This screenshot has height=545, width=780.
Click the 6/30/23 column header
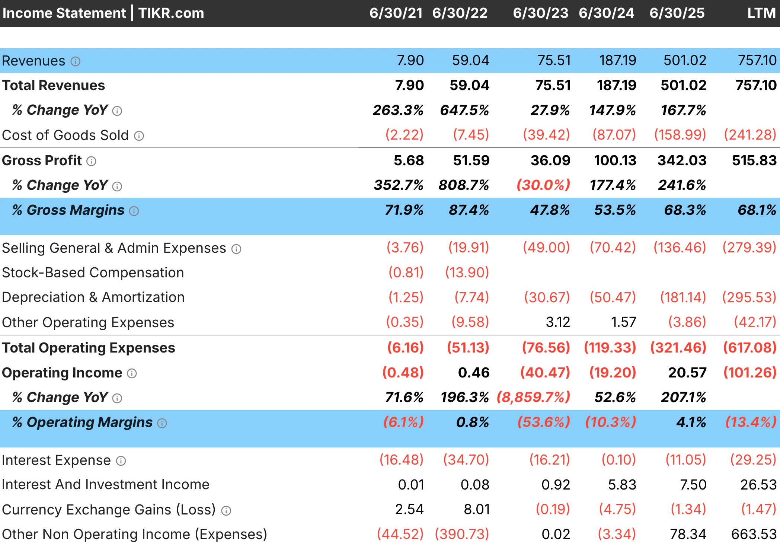point(540,13)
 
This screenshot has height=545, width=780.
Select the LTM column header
point(761,13)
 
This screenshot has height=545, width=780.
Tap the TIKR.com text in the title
point(171,13)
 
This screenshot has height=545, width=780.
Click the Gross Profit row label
point(42,160)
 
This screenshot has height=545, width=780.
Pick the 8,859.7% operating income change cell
point(533,397)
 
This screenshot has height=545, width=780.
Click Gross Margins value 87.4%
point(469,210)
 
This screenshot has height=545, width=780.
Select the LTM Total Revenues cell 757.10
point(756,85)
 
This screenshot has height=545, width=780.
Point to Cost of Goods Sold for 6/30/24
point(614,135)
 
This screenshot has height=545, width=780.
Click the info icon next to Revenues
point(76,61)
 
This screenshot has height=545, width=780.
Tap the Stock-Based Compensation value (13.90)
point(467,272)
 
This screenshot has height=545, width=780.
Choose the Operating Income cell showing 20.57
point(687,373)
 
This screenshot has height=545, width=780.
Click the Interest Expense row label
point(56,460)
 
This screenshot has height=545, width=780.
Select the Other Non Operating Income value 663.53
point(754,534)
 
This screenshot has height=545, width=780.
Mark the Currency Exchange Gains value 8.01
point(476,509)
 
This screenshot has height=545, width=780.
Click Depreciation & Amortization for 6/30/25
point(683,297)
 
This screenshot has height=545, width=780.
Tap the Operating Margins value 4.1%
point(691,422)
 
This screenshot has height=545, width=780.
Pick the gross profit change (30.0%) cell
point(543,185)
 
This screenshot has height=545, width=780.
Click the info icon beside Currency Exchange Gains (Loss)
point(226,511)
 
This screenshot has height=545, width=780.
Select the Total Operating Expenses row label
point(89,348)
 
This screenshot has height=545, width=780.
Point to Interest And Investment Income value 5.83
point(622,485)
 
